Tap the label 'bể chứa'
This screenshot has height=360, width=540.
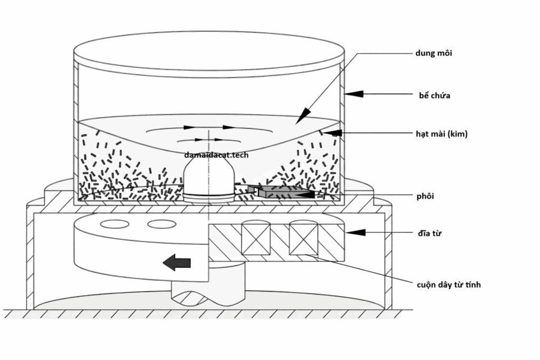coord(431,95)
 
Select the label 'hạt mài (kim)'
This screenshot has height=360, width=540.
coord(441,134)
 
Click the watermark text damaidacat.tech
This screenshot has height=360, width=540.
coord(216,155)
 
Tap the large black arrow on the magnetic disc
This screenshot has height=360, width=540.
coord(177,261)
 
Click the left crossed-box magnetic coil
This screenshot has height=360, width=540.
coord(256,237)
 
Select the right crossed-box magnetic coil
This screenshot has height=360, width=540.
coord(304,237)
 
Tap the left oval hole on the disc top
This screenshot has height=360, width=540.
coord(114,223)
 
